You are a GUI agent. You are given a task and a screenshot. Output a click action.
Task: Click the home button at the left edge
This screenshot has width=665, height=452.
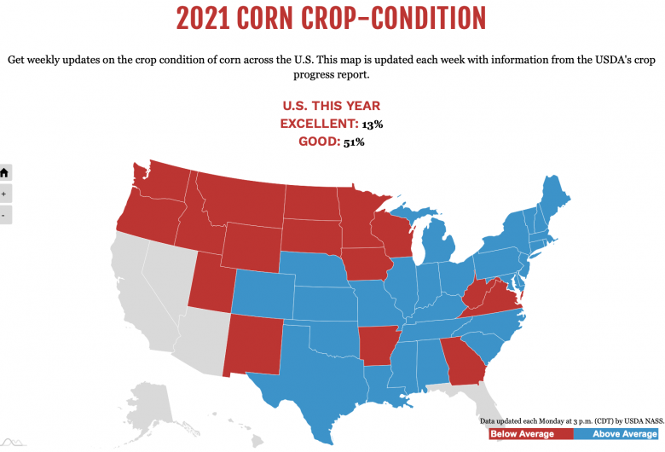click(x=4, y=172)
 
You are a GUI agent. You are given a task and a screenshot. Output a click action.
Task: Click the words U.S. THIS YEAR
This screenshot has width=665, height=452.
click(x=332, y=107)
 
